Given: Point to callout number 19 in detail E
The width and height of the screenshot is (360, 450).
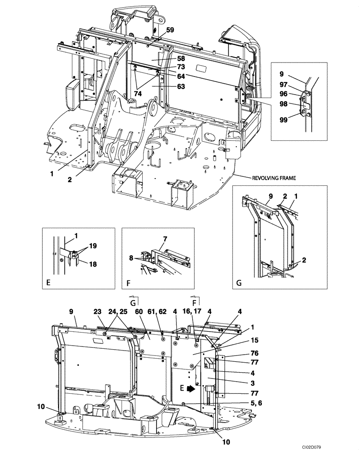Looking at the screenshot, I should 92,246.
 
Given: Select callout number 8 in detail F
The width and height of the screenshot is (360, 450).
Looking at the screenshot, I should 131,258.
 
